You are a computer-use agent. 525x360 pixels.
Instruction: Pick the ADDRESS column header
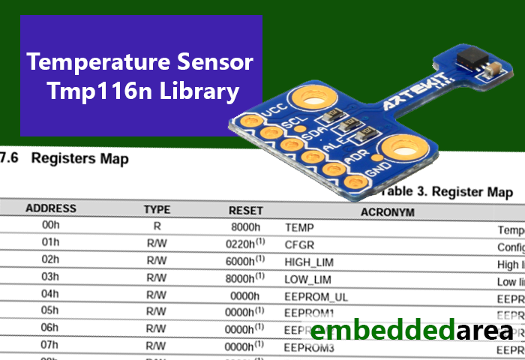[51, 208]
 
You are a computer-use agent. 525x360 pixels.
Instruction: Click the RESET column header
[246, 211]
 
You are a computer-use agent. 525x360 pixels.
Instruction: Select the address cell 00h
[50, 225]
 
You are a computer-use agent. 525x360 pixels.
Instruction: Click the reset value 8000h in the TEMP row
[246, 226]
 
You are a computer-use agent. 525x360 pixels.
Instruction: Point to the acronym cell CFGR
[300, 244]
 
